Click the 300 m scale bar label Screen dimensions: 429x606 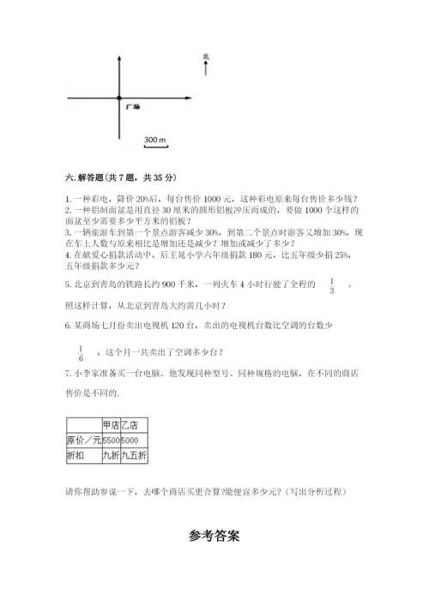point(154,139)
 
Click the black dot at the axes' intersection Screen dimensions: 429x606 point(119,99)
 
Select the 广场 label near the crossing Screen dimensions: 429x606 point(132,107)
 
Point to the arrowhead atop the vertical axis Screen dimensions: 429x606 point(119,54)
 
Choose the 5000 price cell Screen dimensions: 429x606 point(130,441)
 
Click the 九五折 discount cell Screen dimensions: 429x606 point(132,456)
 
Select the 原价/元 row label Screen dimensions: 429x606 point(82,441)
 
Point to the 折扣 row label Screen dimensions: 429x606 point(76,456)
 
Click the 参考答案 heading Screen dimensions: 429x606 point(214,537)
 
